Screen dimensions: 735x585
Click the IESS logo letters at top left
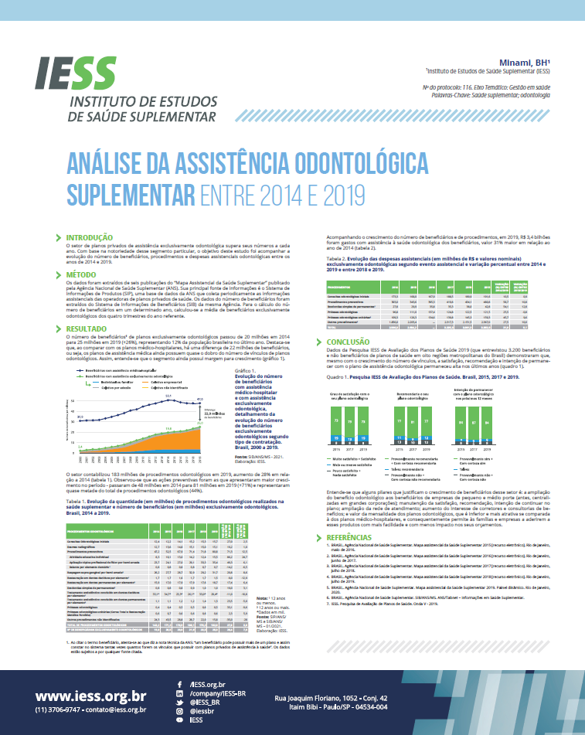pos(74,73)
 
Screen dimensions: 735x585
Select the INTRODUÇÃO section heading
pos(90,237)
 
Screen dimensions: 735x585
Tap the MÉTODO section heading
pos(81,274)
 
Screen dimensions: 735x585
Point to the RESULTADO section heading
pos(88,329)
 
